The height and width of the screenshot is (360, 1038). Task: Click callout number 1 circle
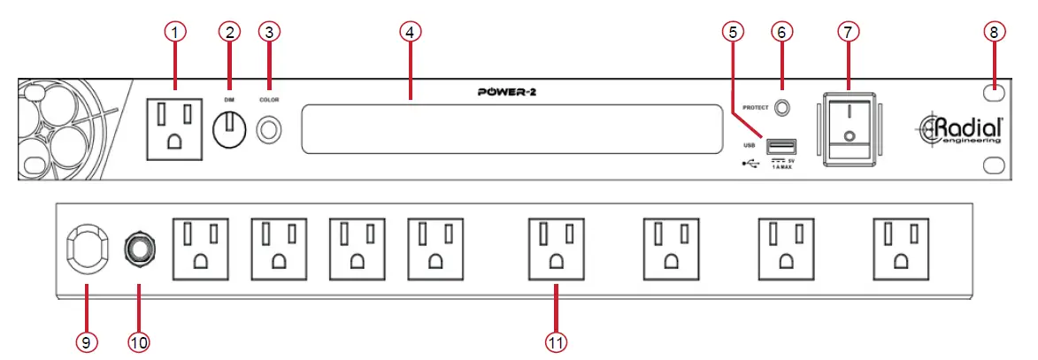pos(176,32)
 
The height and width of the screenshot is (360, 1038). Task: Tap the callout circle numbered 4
pos(410,32)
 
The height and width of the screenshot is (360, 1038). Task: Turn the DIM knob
pos(229,132)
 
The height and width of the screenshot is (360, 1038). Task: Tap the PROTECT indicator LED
pos(781,108)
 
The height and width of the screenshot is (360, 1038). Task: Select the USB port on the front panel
pos(781,146)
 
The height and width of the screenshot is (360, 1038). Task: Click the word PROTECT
pos(755,108)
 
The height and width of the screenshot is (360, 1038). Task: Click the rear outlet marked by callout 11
pos(556,247)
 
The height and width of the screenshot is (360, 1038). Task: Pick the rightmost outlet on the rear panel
pos(901,247)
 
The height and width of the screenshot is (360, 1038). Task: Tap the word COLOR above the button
pos(269,101)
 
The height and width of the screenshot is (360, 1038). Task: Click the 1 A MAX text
pos(786,165)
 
